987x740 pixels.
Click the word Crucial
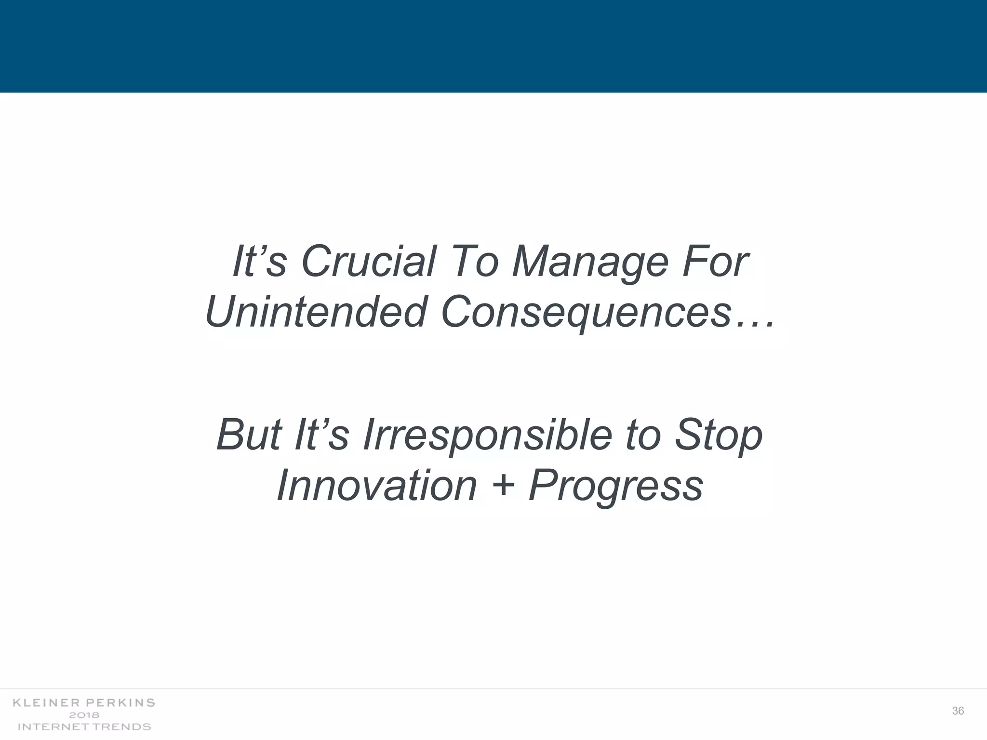click(368, 262)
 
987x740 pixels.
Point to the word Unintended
click(316, 312)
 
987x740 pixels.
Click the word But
click(249, 435)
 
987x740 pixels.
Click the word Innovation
click(376, 486)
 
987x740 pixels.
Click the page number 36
click(958, 711)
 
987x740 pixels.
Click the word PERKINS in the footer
click(120, 703)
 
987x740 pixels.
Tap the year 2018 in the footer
click(84, 715)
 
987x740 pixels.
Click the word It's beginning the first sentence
click(260, 262)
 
